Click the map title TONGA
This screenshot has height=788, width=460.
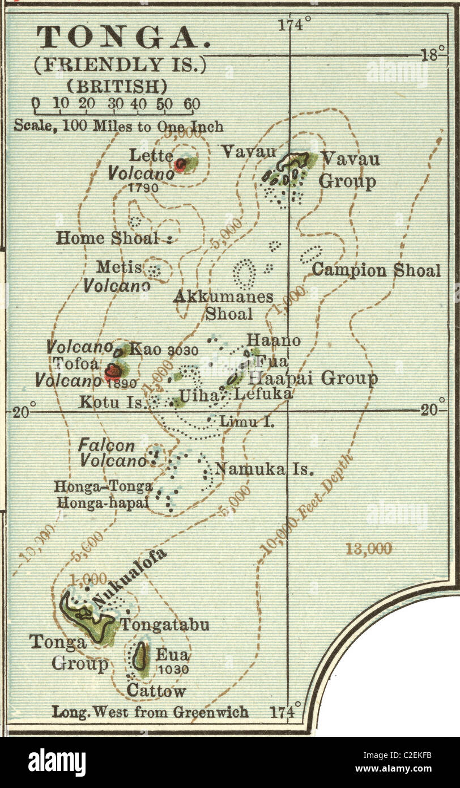tap(123, 38)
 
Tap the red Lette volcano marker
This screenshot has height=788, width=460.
tap(181, 164)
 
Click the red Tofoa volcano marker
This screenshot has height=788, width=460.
tap(113, 372)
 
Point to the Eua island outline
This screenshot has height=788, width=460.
tap(139, 658)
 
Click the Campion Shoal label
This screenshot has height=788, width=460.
tap(376, 270)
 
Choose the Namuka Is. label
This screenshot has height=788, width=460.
tap(264, 469)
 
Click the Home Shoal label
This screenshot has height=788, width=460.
tap(108, 239)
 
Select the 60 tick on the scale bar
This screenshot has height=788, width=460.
tap(192, 104)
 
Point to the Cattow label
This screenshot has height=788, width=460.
tap(156, 690)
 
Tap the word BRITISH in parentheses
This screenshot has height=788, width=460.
tap(117, 86)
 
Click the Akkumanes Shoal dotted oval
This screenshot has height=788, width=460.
tap(245, 273)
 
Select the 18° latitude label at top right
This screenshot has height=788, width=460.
tap(433, 55)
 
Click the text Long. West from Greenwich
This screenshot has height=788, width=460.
tap(150, 711)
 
